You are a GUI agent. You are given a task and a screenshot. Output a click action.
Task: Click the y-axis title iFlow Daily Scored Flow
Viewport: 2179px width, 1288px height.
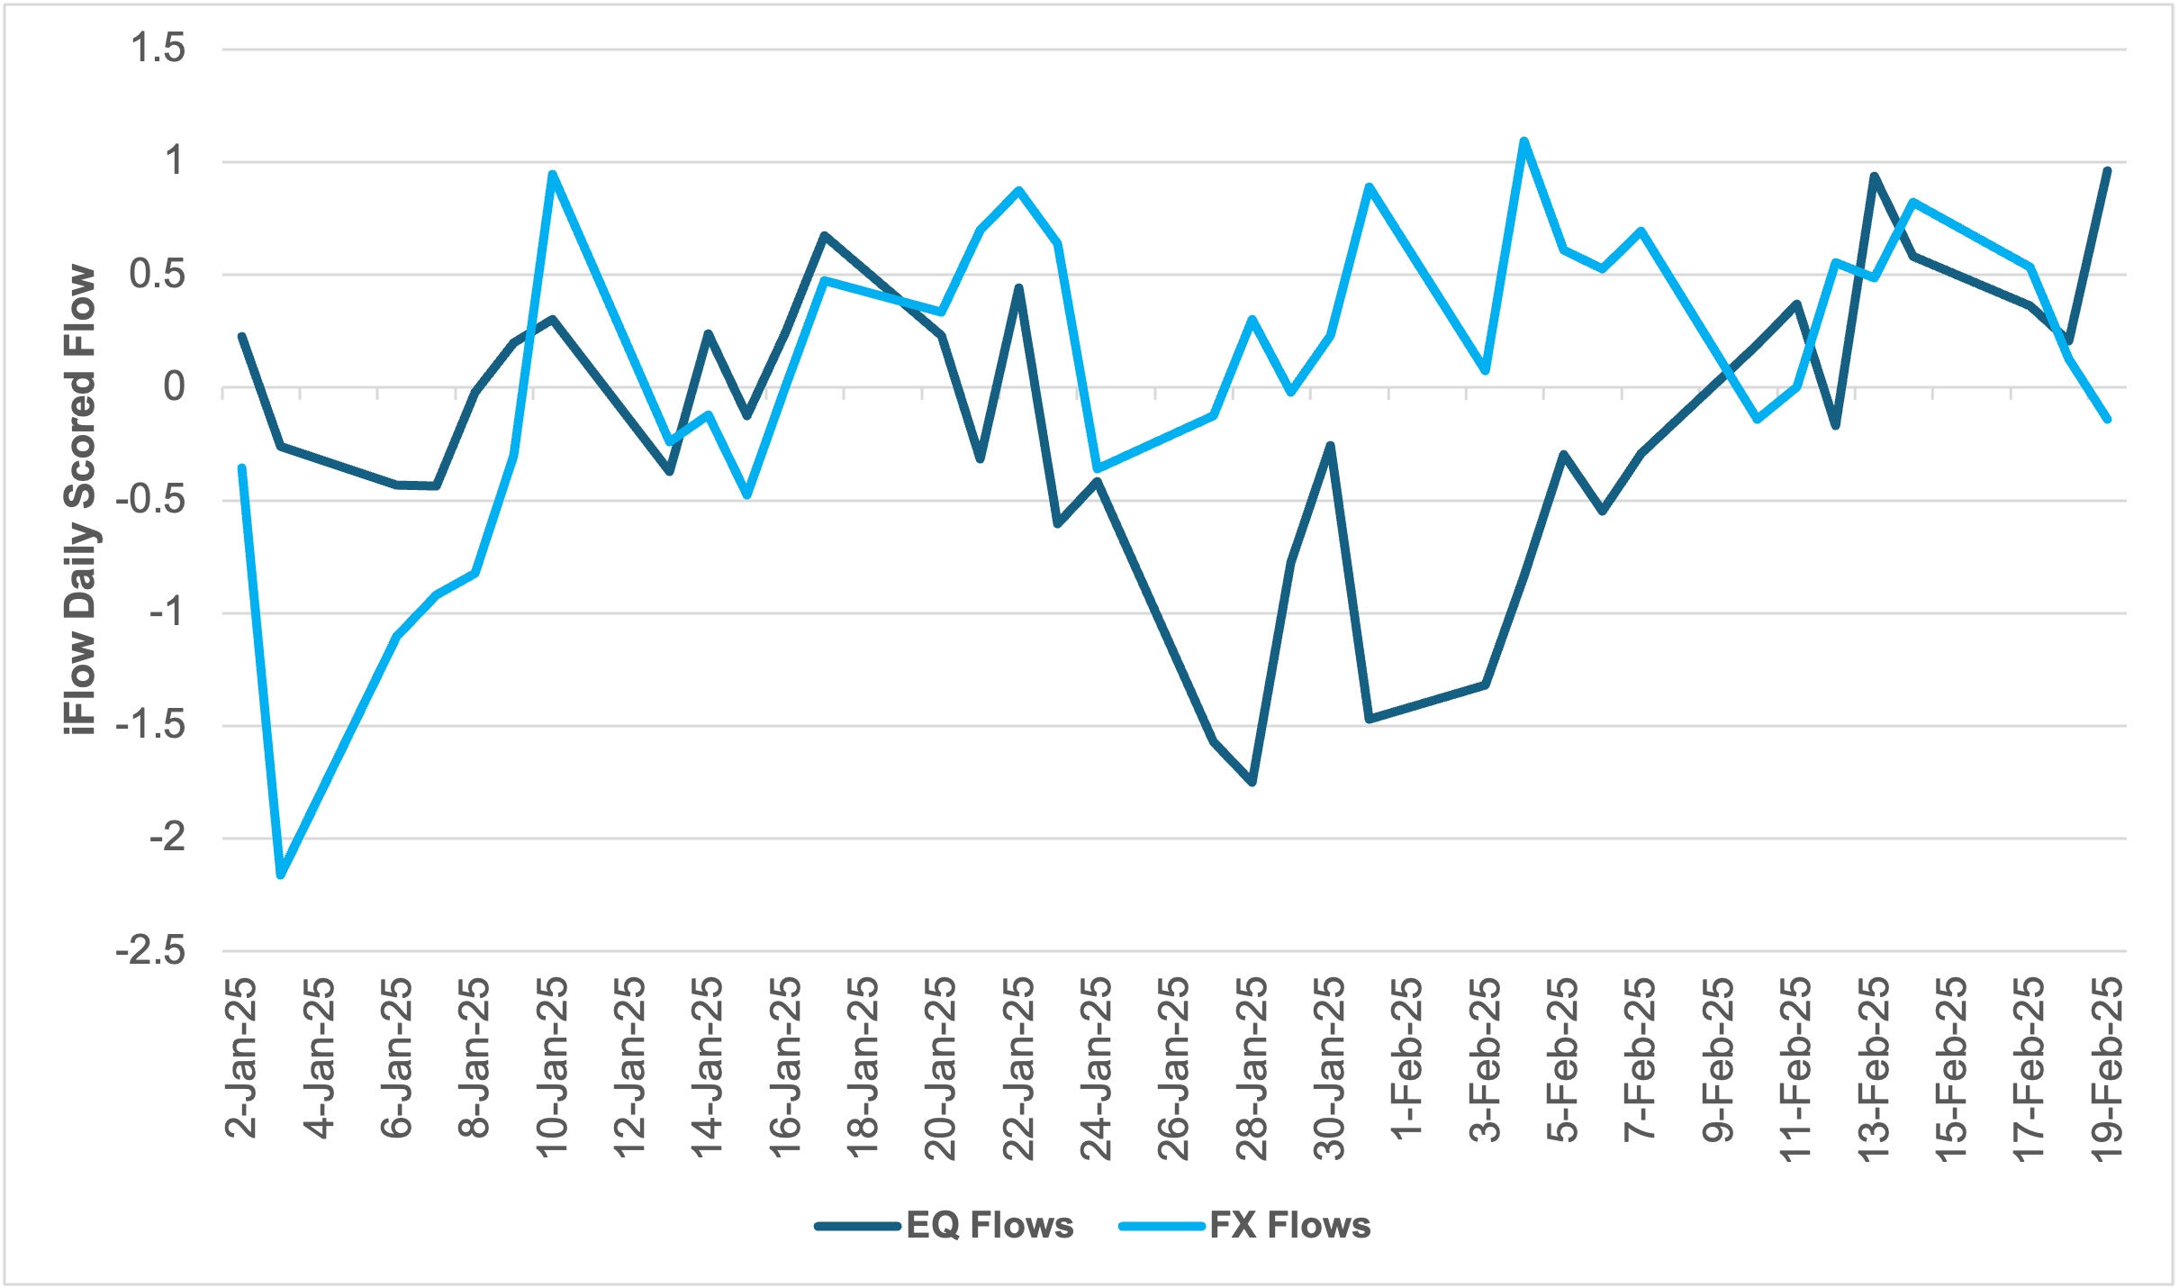click(x=81, y=500)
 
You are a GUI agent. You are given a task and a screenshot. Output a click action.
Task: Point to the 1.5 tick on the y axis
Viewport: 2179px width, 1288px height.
click(x=158, y=49)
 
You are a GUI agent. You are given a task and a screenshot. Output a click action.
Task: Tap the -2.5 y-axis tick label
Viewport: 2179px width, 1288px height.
click(x=151, y=951)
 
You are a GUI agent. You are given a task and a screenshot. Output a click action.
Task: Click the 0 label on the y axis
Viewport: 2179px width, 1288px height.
click(x=175, y=387)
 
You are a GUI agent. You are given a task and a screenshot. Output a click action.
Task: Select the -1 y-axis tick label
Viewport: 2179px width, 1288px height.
click(x=167, y=613)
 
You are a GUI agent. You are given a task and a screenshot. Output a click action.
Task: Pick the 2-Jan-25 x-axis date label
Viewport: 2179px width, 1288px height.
click(x=241, y=1059)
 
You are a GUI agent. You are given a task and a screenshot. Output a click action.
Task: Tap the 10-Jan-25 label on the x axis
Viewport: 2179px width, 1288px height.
click(x=553, y=1068)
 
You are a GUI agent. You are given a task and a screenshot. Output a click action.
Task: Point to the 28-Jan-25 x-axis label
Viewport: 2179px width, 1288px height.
click(x=1252, y=1068)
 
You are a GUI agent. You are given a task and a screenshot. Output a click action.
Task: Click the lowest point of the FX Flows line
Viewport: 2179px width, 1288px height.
click(x=281, y=875)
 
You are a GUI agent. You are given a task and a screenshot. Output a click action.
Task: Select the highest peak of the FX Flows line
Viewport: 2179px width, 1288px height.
click(x=1523, y=141)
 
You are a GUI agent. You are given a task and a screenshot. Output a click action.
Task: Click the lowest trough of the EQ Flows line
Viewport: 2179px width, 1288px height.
click(x=1252, y=782)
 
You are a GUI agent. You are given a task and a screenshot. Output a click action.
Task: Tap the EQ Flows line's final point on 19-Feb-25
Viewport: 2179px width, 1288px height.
click(x=2107, y=170)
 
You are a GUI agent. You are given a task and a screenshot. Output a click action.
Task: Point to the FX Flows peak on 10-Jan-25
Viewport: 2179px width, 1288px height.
click(x=553, y=174)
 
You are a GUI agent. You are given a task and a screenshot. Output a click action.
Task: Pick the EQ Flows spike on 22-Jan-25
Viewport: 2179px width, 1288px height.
click(x=1018, y=287)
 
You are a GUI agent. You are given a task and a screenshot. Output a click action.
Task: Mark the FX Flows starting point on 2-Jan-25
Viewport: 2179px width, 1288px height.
click(x=242, y=467)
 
